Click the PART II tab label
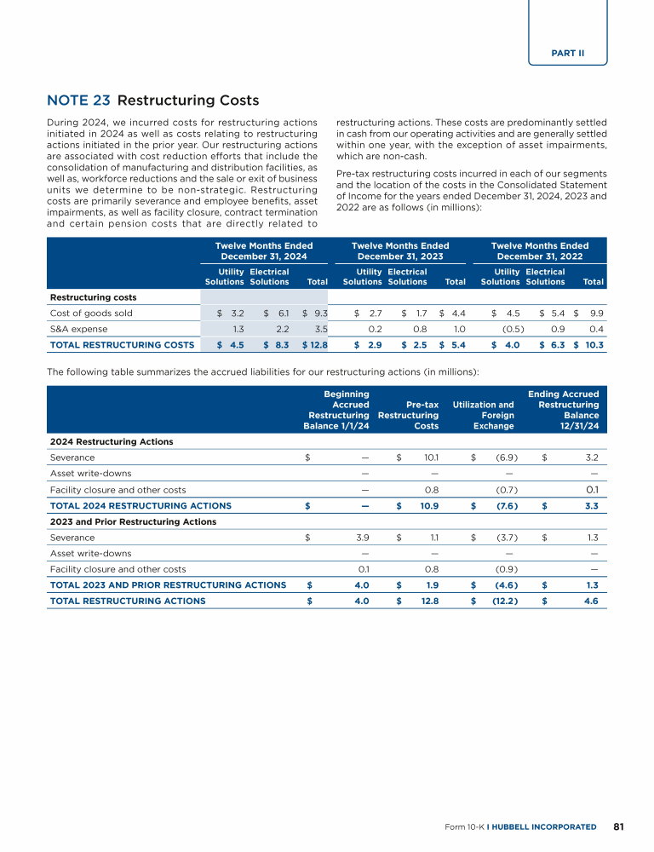(567, 53)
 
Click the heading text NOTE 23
(78, 101)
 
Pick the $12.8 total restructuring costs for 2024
(314, 344)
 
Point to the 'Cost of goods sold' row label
(91, 313)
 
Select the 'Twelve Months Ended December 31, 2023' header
(400, 250)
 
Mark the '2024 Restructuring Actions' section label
(112, 441)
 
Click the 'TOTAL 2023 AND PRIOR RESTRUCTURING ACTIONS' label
(168, 584)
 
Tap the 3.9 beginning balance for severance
(361, 537)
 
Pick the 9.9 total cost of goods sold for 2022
(596, 313)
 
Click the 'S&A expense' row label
(77, 328)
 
